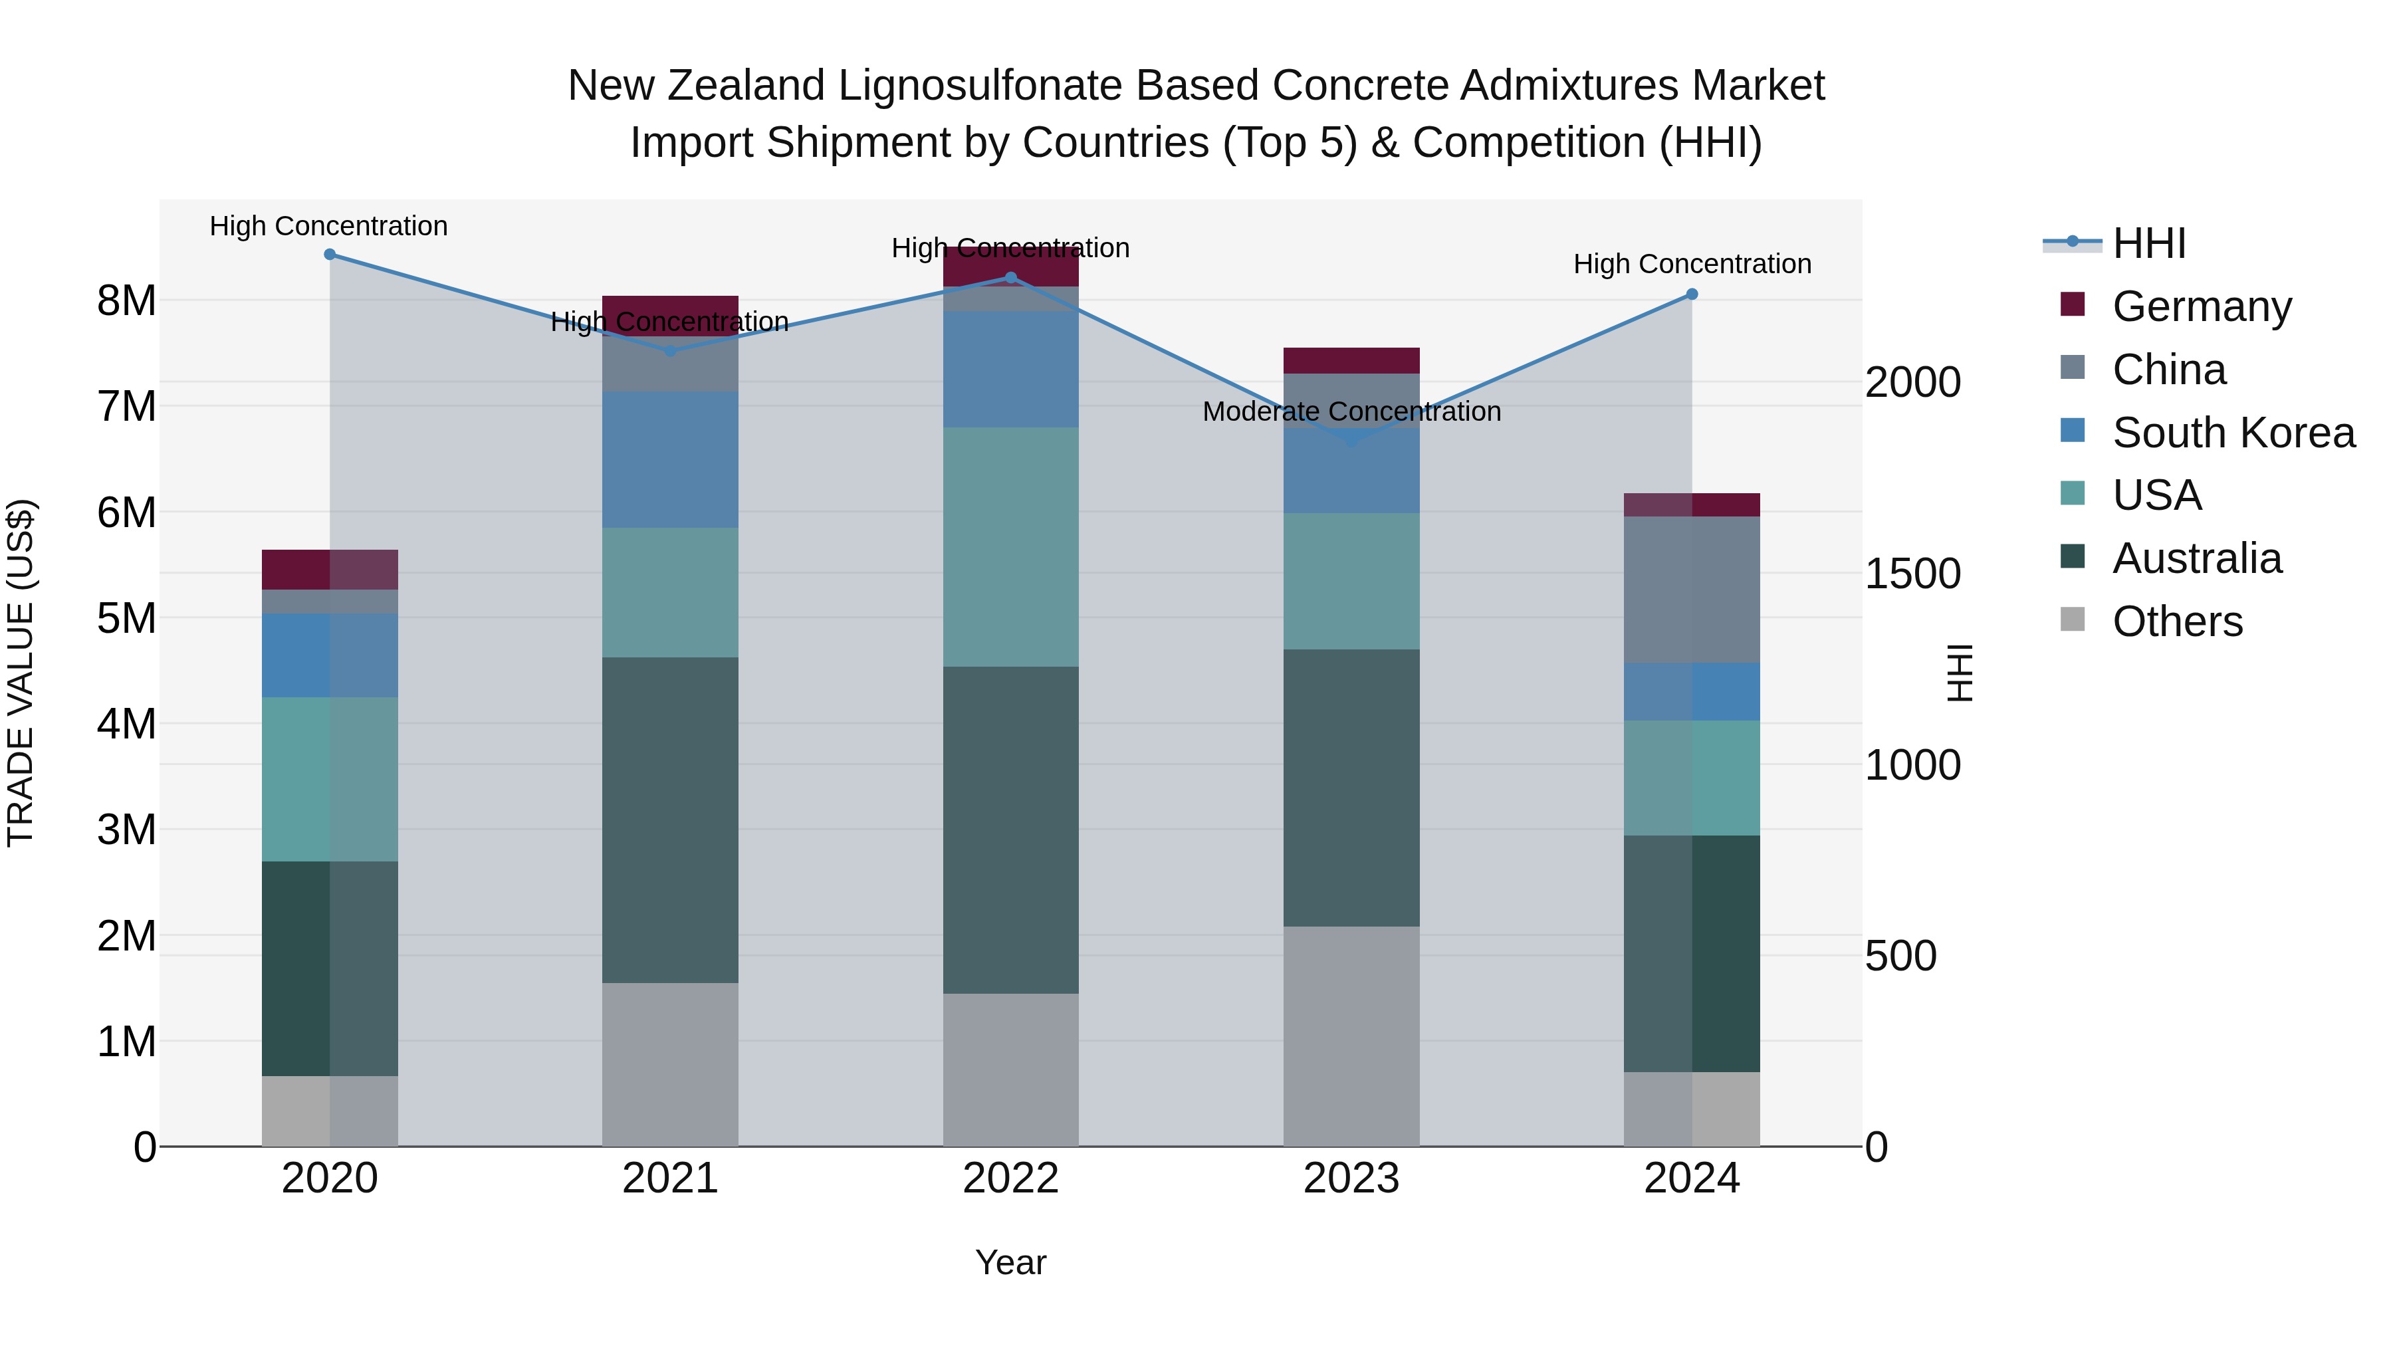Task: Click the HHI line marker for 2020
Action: (330, 255)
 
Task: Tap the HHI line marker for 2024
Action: (1692, 294)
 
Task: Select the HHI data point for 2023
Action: (1351, 440)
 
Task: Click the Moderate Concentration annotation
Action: (1351, 411)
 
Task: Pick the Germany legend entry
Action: (2201, 306)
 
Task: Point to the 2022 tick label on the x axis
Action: (1010, 1178)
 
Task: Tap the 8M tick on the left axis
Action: (126, 301)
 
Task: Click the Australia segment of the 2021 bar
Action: (670, 820)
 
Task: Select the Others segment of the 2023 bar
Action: (1351, 1036)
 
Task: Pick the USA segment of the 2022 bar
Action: (1010, 546)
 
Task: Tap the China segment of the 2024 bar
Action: (1692, 589)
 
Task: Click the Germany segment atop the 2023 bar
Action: (1351, 360)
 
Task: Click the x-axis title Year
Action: (1010, 1262)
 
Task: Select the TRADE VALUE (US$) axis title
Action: (21, 673)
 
